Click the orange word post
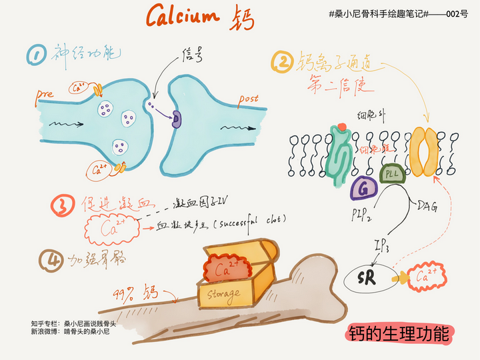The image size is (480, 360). coord(248,99)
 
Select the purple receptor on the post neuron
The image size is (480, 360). coord(177,119)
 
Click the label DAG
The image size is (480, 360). coord(427,206)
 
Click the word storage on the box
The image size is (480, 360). coord(224,293)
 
